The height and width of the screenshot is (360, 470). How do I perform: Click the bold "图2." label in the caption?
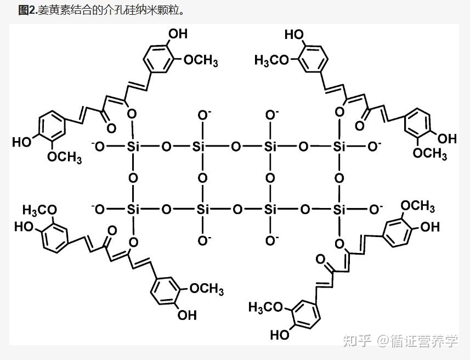click(x=27, y=10)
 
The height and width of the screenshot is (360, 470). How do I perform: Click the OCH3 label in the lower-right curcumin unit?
click(x=418, y=207)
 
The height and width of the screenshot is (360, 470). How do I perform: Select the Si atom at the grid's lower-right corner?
click(x=340, y=209)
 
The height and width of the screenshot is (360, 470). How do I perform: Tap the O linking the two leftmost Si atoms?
click(x=133, y=178)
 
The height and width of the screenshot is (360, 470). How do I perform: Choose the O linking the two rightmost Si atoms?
click(x=339, y=178)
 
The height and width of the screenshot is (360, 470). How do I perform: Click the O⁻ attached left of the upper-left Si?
click(x=99, y=146)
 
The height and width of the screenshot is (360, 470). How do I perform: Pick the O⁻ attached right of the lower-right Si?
click(x=375, y=209)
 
